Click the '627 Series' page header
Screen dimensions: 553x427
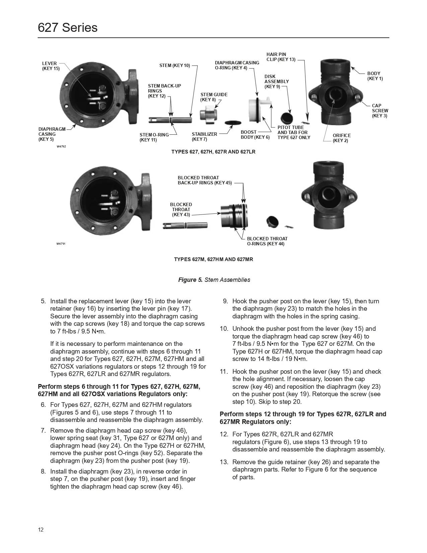pos(68,27)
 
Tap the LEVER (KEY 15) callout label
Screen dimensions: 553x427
pos(51,66)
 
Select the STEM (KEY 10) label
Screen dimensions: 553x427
pos(174,65)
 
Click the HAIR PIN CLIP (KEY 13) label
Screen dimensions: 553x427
pos(281,57)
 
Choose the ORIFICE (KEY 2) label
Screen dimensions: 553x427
pos(341,138)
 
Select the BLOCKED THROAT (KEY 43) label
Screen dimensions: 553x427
pos(181,209)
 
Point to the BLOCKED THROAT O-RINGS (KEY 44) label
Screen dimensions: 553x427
pos(267,241)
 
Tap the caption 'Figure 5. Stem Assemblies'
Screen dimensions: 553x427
pos(214,280)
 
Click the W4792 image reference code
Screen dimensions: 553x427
pos(61,146)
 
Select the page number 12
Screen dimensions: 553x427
pos(41,530)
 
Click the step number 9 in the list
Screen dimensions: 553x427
pos(225,301)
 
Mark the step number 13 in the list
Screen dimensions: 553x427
pos(224,462)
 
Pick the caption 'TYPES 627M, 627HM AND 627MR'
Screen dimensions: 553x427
pos(213,259)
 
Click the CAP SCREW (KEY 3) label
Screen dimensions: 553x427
pos(380,111)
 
